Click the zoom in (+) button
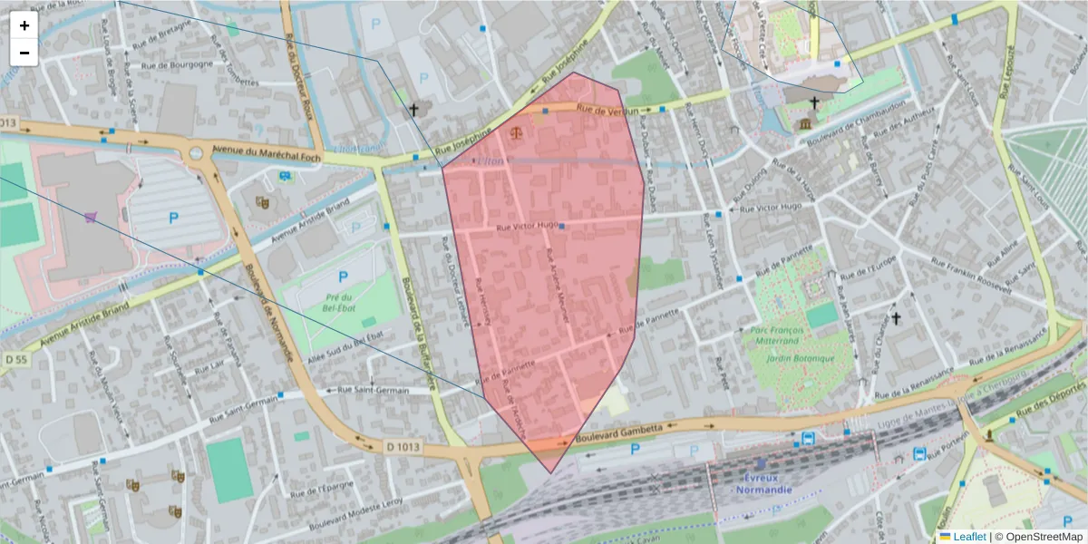pyautogui.click(x=24, y=25)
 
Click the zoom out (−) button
pyautogui.click(x=24, y=52)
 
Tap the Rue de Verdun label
pyautogui.click(x=607, y=110)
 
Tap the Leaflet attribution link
pyautogui.click(x=968, y=537)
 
